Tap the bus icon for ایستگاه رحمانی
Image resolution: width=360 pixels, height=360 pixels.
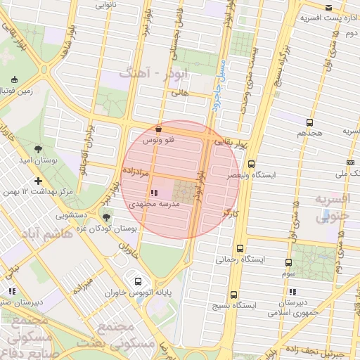(241, 248)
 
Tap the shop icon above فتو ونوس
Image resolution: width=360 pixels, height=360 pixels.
(158, 129)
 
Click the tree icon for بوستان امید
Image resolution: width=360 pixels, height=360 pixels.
(37, 149)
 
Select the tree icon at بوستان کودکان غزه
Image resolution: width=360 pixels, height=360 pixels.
(106, 217)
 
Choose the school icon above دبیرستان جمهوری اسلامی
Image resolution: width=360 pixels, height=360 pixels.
(292, 292)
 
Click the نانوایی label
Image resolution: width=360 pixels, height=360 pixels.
(106, 4)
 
